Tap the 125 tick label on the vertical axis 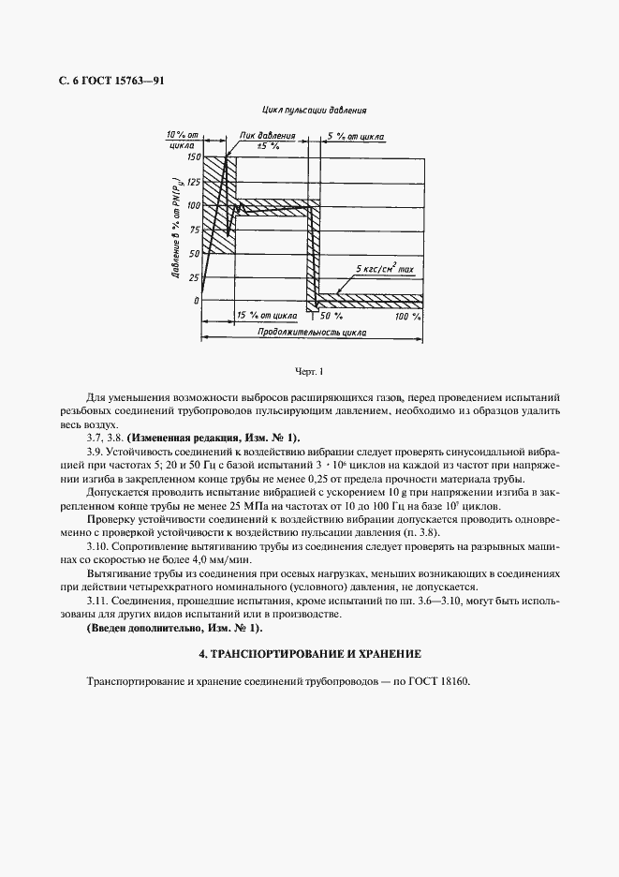[x=194, y=181]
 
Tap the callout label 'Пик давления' [x=268, y=136]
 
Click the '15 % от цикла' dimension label [x=267, y=317]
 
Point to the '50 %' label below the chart [x=333, y=317]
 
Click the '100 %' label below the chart [x=408, y=317]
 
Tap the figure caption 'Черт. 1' [x=308, y=373]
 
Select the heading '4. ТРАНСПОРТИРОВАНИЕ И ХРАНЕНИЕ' [x=309, y=653]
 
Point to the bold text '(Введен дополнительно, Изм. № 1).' [x=174, y=628]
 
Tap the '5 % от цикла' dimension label [x=361, y=136]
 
